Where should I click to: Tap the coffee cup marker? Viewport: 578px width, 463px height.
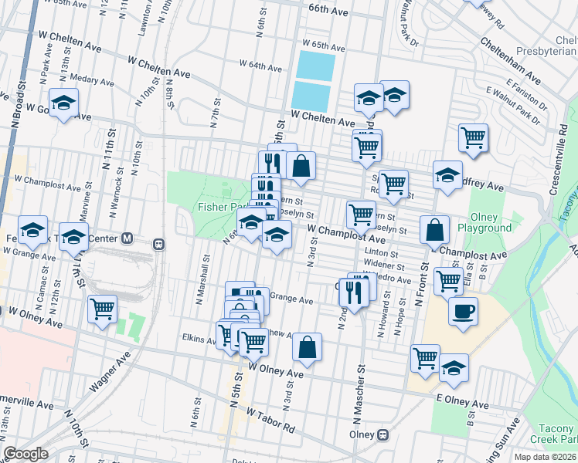point(463,311)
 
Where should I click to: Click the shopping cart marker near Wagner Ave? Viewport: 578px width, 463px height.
point(102,308)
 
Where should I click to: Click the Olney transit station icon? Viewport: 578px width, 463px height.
point(382,434)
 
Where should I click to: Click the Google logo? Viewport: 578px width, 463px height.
point(26,454)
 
